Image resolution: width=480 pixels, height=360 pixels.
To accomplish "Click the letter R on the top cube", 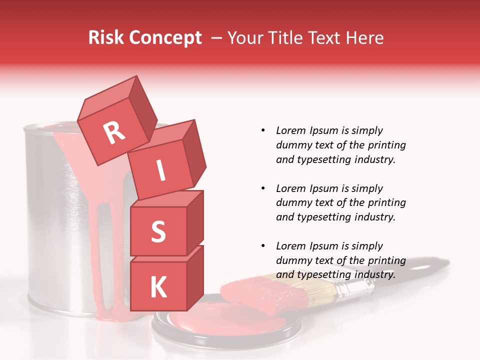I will click(x=114, y=132).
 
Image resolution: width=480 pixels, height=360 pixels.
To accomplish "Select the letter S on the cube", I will click(x=158, y=231).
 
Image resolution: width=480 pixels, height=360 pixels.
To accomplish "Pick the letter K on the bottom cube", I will click(x=158, y=287).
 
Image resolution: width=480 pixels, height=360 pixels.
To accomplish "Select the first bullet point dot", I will click(x=263, y=130).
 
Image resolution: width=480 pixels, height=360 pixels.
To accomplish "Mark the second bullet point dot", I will click(x=263, y=188).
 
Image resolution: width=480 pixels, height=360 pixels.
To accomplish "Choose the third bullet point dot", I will click(x=263, y=246).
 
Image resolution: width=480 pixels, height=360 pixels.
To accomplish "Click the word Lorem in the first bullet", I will click(x=290, y=130).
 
